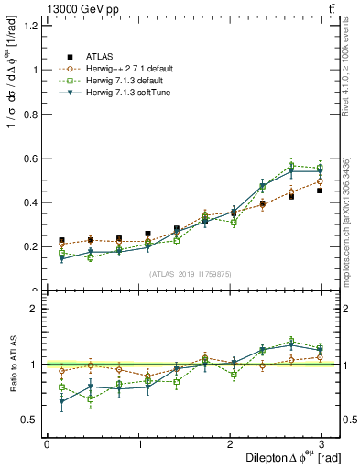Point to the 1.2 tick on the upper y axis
[x=29, y=25]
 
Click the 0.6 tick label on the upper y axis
[x=29, y=158]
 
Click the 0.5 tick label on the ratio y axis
[x=29, y=420]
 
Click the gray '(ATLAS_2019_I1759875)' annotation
[x=189, y=273]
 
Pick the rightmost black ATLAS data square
[x=320, y=191]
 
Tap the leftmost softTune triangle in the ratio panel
[x=61, y=402]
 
